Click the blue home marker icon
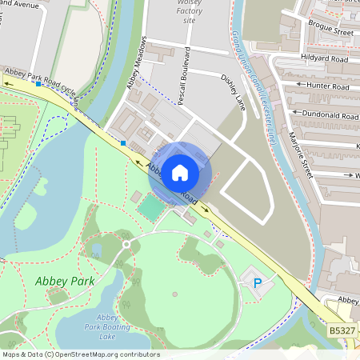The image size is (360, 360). tap(180, 171)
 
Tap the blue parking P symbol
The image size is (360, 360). tap(258, 283)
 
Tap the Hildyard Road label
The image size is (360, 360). tap(326, 59)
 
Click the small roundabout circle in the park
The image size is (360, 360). tap(126, 244)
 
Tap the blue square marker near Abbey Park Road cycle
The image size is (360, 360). tap(38, 83)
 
